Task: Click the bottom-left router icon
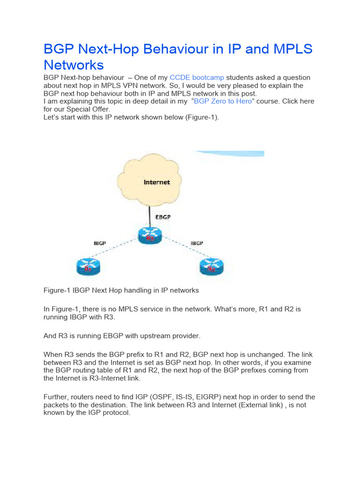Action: pyautogui.click(x=89, y=268)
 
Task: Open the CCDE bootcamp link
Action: pyautogui.click(x=197, y=77)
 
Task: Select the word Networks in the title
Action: pyautogui.click(x=74, y=64)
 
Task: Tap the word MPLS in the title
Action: pyautogui.click(x=288, y=49)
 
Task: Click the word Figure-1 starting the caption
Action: pyautogui.click(x=57, y=290)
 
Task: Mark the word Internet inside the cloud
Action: pyautogui.click(x=157, y=182)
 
